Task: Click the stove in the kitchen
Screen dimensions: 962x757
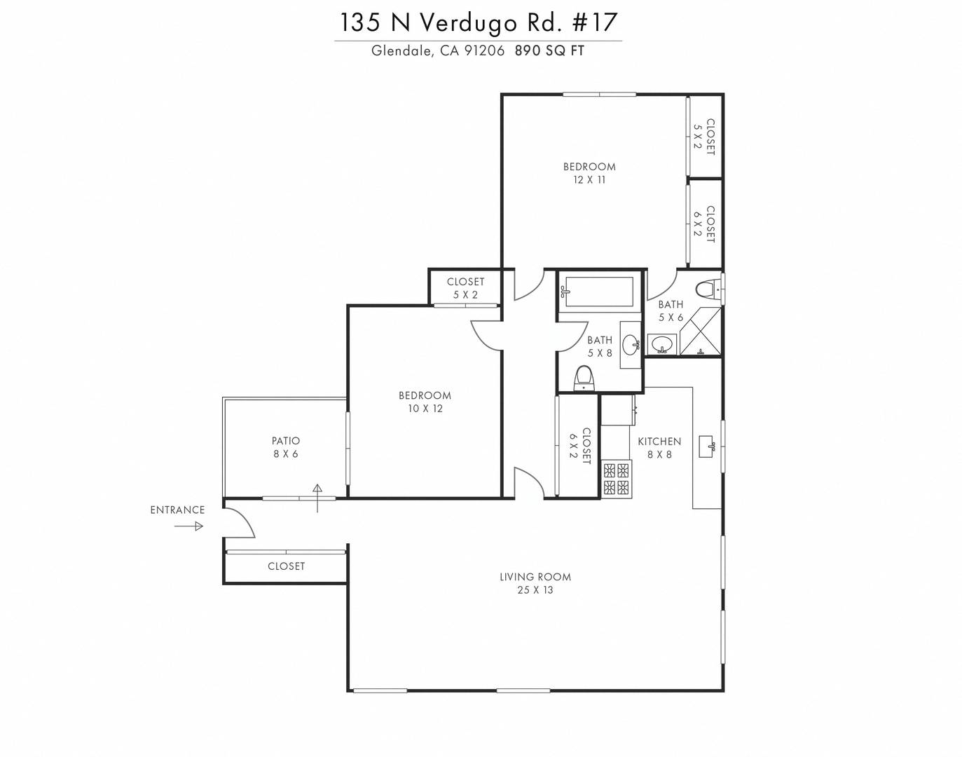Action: pos(617,479)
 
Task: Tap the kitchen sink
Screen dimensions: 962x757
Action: pos(708,446)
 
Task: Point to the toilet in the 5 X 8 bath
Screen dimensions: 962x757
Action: pos(584,378)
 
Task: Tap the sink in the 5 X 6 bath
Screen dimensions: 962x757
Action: pos(662,345)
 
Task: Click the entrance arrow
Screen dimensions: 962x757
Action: pos(188,526)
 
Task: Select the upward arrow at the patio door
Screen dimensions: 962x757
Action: pos(317,498)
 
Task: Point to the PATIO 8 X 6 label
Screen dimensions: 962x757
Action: pos(286,447)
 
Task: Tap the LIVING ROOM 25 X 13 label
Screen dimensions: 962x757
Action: pos(535,583)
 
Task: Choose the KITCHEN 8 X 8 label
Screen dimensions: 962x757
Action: pos(659,448)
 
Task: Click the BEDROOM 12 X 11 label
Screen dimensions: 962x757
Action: pos(589,173)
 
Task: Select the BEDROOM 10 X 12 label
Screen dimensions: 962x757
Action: pos(425,402)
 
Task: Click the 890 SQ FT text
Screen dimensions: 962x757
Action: pos(549,50)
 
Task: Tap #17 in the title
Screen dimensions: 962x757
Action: pos(595,22)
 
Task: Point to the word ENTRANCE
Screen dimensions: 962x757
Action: pos(177,510)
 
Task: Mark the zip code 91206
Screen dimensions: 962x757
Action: pos(485,50)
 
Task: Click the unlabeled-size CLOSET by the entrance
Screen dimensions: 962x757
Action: pos(286,566)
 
